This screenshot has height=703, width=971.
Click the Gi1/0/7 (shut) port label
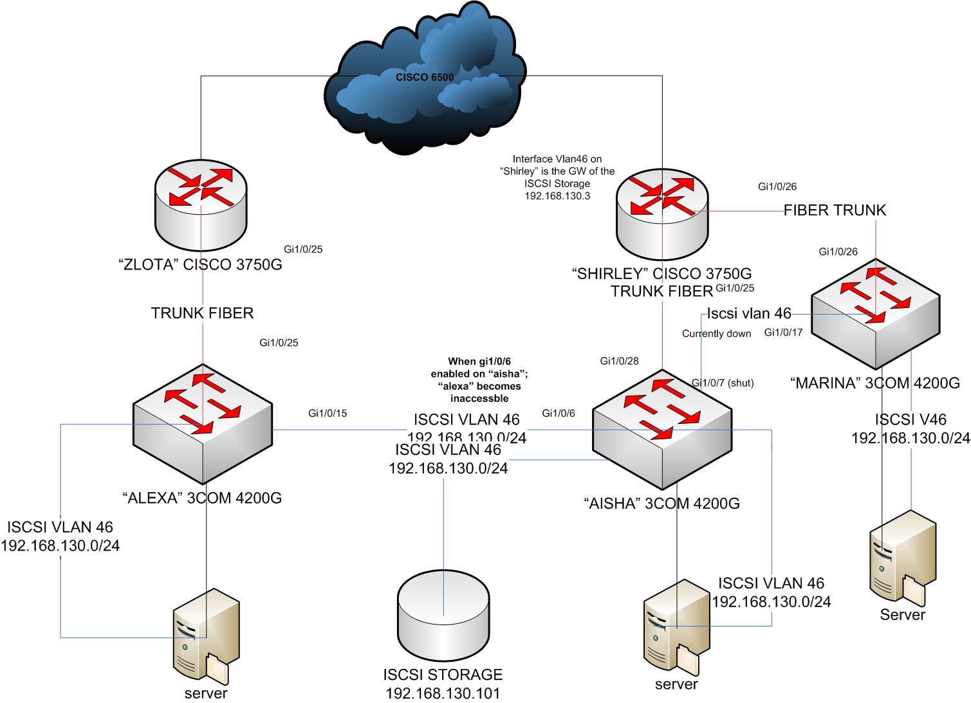point(722,383)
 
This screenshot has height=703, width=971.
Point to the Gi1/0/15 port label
point(328,413)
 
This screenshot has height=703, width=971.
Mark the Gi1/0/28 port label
point(619,361)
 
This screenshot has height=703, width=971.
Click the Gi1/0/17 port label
point(783,333)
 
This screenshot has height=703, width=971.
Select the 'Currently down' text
point(716,334)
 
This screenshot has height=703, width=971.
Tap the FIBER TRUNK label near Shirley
point(835,210)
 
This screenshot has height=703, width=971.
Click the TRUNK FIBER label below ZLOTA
point(202,313)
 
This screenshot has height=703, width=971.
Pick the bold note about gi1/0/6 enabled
point(476,380)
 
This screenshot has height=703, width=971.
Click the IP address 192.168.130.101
point(443,693)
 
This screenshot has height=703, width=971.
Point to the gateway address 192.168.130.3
point(558,196)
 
